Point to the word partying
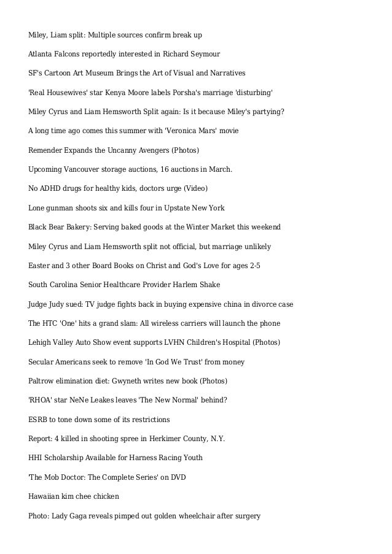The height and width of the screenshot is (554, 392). (265, 112)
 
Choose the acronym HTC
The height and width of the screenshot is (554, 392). (52, 323)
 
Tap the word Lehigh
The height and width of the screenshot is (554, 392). (41, 342)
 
